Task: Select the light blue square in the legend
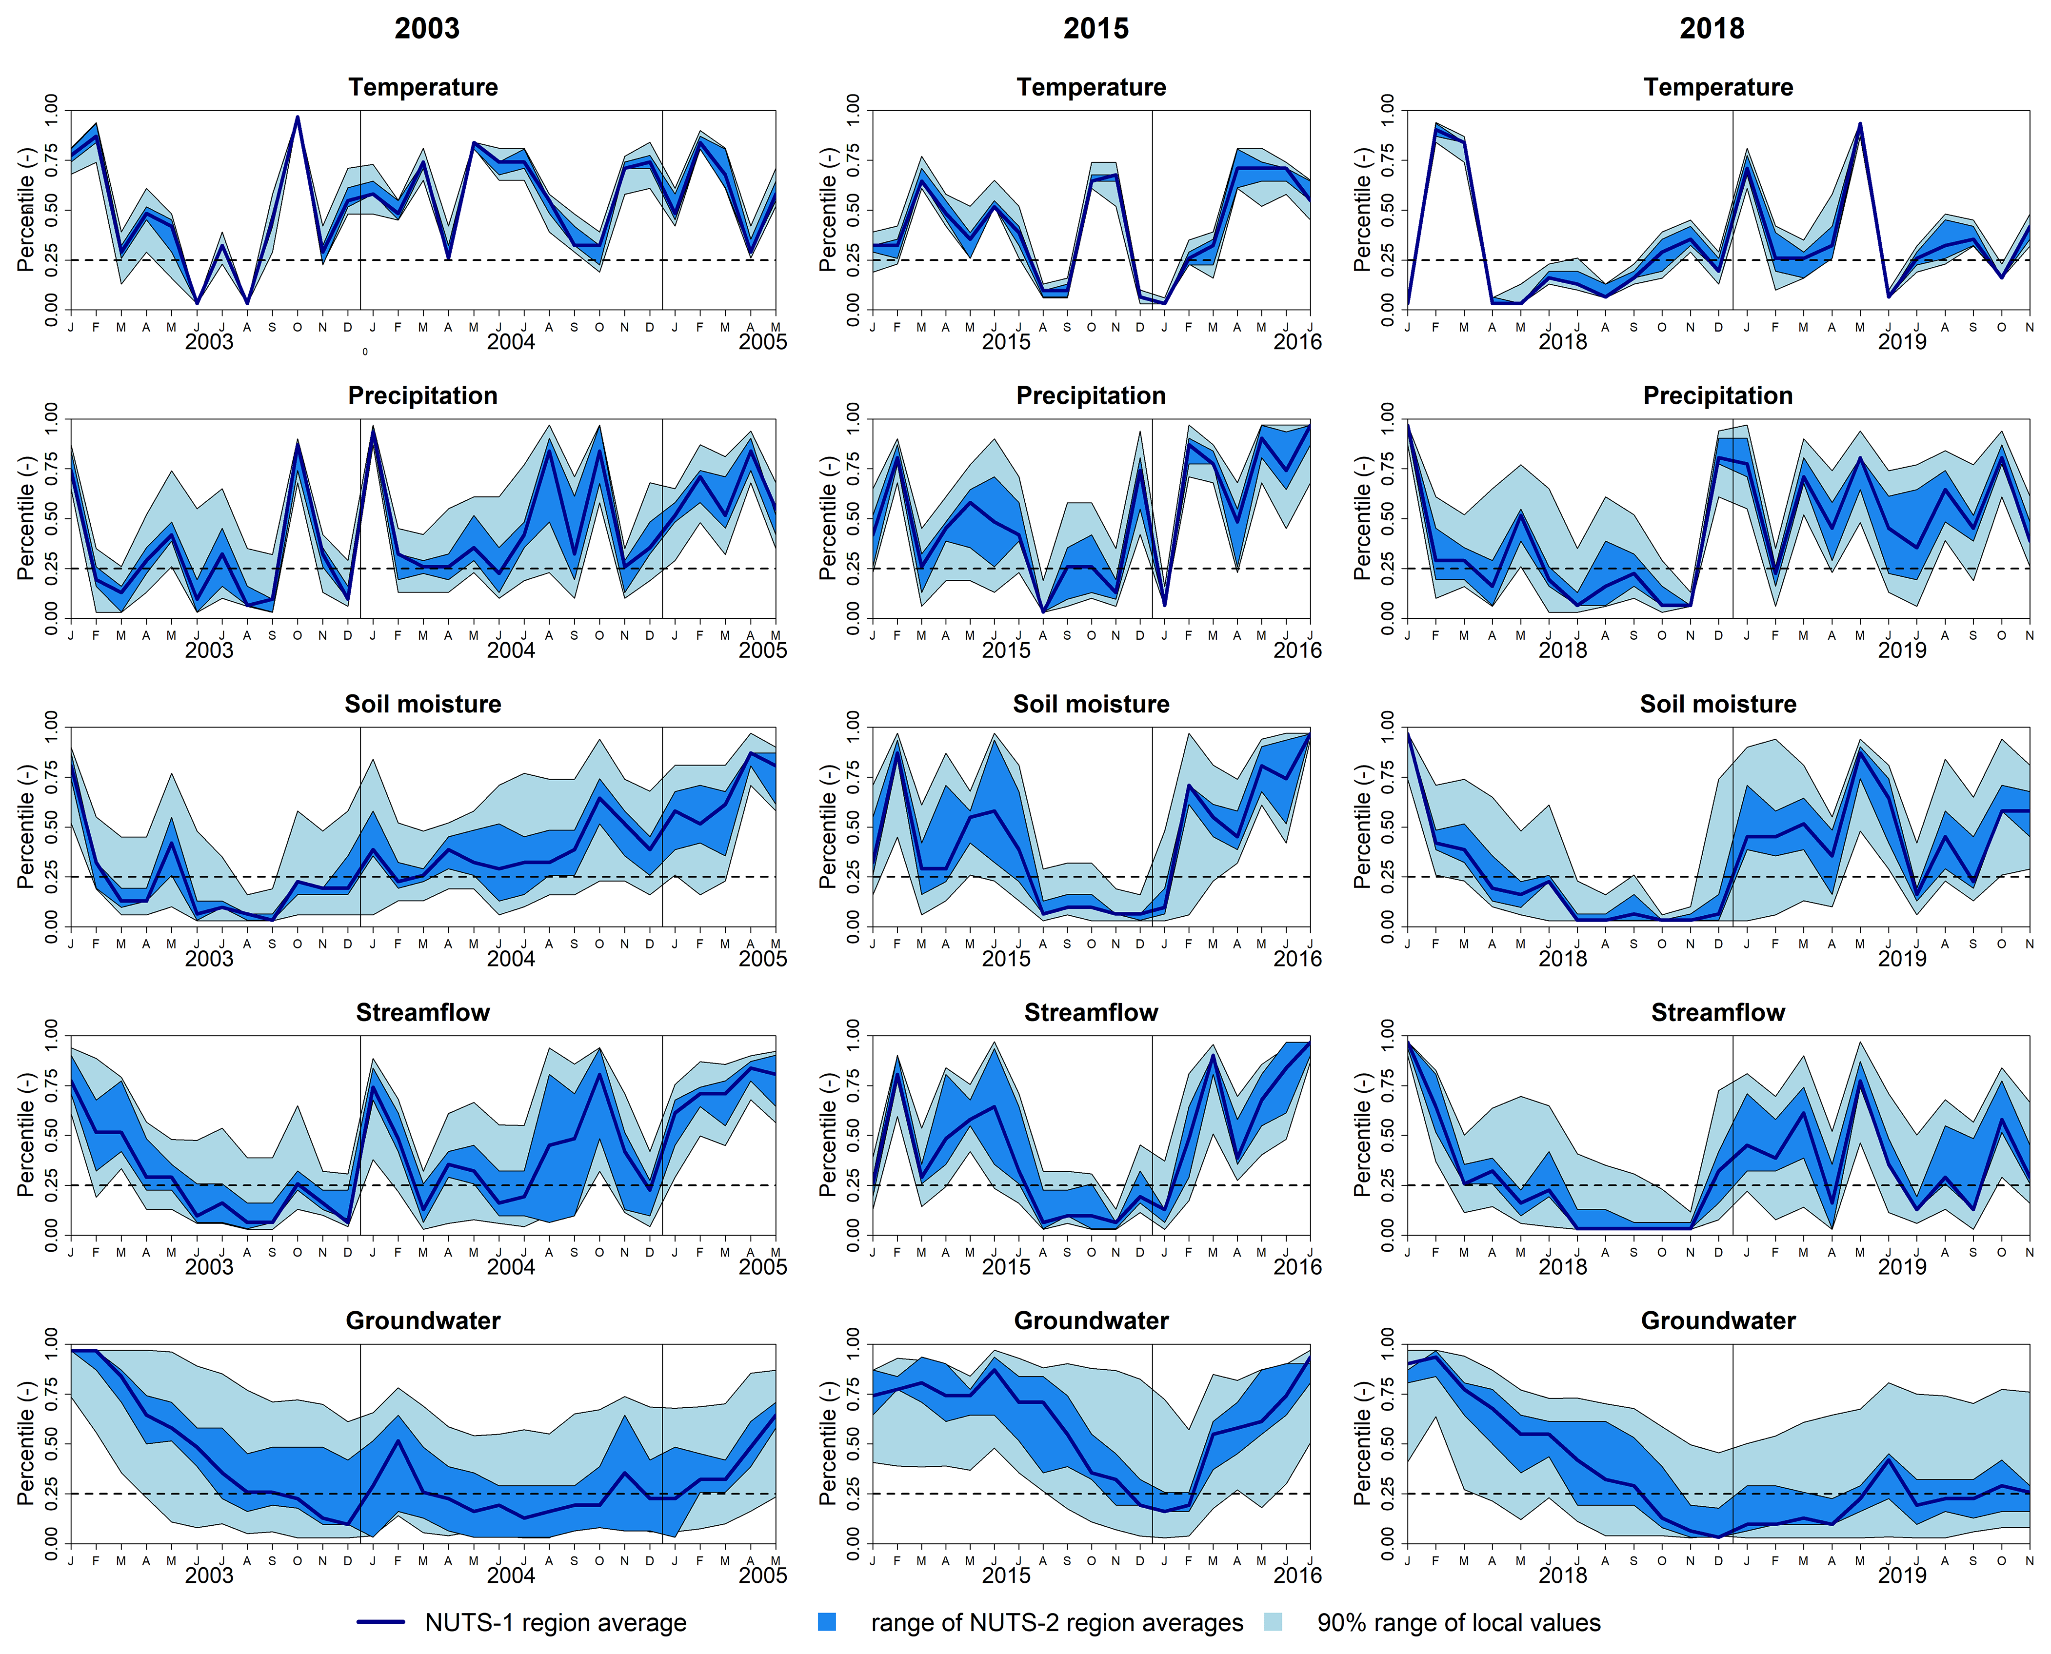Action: pos(1273,1622)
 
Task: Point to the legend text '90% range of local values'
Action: pos(1458,1623)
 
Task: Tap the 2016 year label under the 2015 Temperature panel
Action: pos(1297,341)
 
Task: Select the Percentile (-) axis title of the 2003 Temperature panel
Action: pos(26,210)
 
